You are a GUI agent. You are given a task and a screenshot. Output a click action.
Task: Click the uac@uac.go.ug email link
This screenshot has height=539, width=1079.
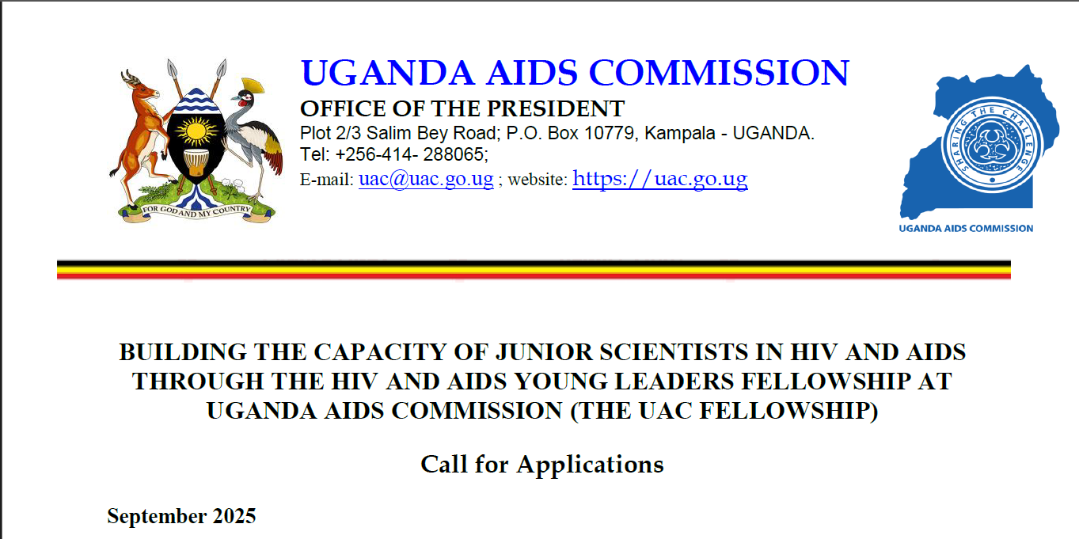click(427, 179)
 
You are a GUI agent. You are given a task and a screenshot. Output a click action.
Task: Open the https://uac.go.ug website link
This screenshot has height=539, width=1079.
click(660, 179)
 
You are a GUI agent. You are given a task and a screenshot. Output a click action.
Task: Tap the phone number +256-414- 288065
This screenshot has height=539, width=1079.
click(412, 154)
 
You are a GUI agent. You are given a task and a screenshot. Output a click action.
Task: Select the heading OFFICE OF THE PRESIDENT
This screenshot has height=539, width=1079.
click(462, 108)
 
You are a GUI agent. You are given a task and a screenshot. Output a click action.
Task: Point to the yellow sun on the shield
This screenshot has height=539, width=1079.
click(196, 131)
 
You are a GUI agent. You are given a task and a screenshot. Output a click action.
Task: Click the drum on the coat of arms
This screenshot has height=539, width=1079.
click(196, 162)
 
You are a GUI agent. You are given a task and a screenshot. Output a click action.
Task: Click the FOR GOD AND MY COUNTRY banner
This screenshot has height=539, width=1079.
click(196, 212)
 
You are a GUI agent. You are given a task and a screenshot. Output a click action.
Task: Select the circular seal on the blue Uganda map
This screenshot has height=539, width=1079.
click(992, 145)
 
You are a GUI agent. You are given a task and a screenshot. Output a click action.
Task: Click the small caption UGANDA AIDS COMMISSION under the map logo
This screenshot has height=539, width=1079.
click(966, 228)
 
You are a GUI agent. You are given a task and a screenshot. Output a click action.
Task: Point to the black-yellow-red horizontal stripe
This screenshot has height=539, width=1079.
click(534, 270)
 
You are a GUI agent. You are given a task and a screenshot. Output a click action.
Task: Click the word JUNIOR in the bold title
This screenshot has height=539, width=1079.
click(544, 352)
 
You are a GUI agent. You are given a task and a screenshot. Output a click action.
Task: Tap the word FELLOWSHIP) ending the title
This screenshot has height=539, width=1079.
click(788, 412)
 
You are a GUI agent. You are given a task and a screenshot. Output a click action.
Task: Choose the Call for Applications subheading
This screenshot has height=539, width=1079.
click(542, 465)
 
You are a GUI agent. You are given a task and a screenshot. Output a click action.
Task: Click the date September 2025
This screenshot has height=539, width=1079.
click(181, 517)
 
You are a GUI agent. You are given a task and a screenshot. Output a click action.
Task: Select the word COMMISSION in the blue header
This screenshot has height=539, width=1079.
click(719, 73)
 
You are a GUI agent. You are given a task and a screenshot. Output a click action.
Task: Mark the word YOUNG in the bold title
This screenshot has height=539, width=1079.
click(560, 381)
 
